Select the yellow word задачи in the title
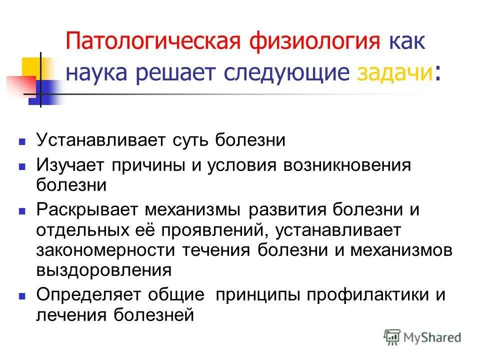click(395, 73)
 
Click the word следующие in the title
click(292, 73)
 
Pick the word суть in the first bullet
click(190, 140)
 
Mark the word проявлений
click(218, 229)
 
